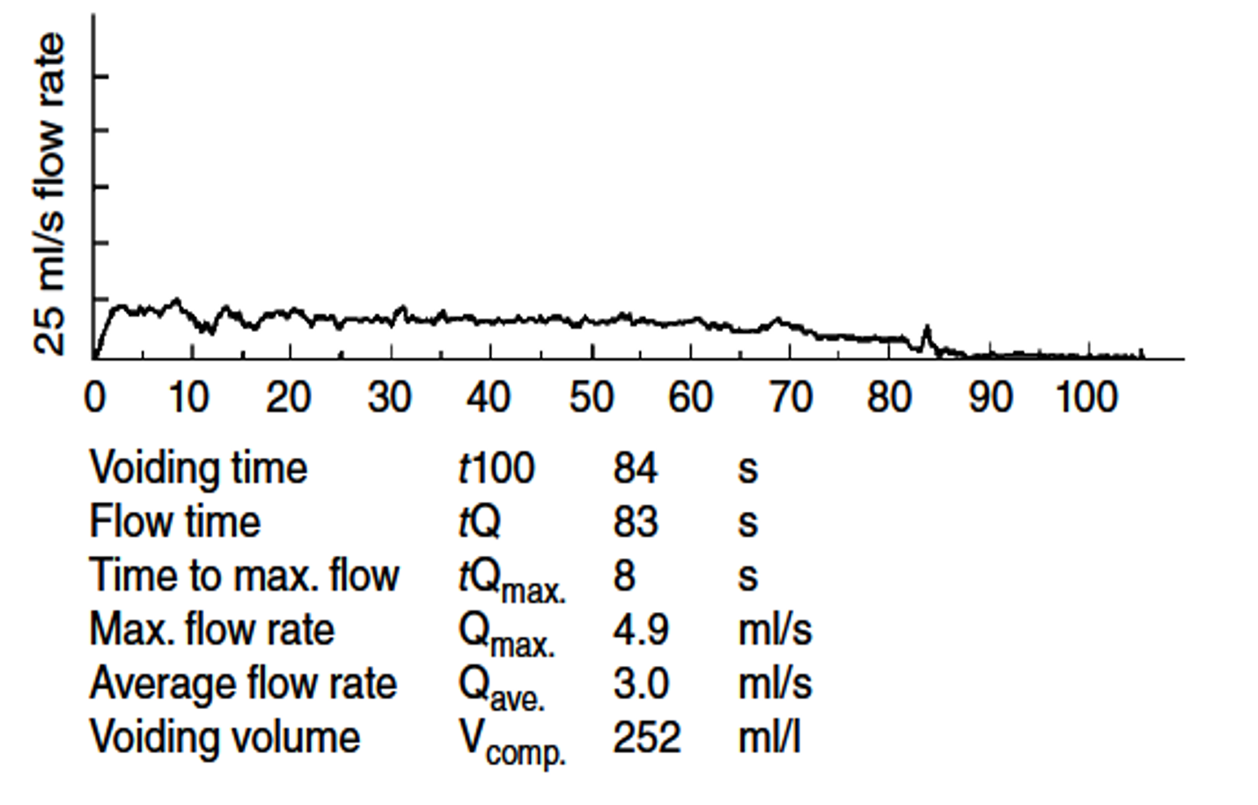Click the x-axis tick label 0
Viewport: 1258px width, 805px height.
(94, 398)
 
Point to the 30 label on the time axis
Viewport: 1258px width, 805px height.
(389, 398)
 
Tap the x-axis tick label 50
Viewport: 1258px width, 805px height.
(591, 398)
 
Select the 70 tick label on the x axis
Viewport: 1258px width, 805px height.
(791, 398)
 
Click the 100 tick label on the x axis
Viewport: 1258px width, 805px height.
(1086, 398)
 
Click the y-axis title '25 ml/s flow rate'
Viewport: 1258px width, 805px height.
(49, 194)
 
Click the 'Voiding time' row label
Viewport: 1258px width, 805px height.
(198, 468)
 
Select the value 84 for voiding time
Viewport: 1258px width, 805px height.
(635, 468)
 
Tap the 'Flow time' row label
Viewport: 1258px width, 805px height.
(175, 521)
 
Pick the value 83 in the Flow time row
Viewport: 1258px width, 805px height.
(635, 521)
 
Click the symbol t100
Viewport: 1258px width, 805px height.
(496, 468)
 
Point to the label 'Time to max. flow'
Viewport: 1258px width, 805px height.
(244, 576)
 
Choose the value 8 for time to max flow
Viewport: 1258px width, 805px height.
(623, 576)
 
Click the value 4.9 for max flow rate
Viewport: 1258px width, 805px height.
(640, 630)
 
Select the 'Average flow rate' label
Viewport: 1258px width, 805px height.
(243, 684)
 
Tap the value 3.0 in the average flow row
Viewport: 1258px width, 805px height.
(640, 684)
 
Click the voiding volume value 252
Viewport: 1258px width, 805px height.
(646, 737)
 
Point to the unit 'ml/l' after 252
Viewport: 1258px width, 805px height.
(769, 737)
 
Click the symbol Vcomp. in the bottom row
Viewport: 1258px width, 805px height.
(511, 742)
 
